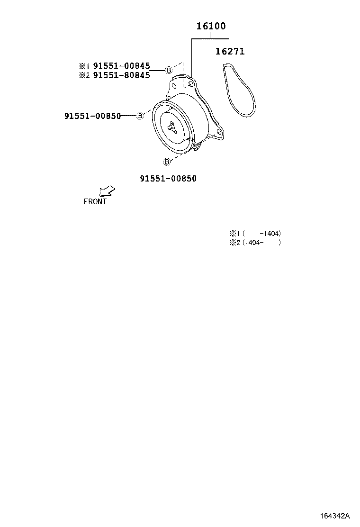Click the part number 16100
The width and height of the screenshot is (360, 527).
(211, 27)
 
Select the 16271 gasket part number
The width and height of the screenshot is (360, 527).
(230, 51)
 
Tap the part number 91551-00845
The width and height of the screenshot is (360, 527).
(121, 66)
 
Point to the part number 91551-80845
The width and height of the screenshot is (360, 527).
(121, 75)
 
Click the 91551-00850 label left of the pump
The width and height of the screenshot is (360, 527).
(92, 116)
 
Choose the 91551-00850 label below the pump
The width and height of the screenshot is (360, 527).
(168, 179)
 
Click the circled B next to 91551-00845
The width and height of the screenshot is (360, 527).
(169, 70)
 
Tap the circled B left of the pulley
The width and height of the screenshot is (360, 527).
(140, 116)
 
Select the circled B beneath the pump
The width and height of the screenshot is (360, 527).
(167, 162)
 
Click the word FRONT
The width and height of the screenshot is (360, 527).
(95, 201)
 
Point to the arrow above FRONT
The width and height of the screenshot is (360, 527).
(107, 191)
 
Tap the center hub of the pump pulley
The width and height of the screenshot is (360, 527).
(172, 127)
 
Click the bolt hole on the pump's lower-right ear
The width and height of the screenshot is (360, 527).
(218, 133)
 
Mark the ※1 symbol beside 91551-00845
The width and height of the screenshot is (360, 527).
(83, 66)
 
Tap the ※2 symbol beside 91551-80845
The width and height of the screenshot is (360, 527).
(83, 75)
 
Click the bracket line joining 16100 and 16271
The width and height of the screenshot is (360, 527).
(211, 39)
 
